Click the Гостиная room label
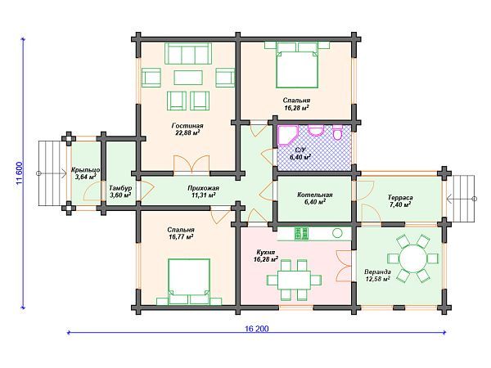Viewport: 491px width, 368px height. point(187,126)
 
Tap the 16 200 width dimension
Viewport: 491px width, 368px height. point(256,329)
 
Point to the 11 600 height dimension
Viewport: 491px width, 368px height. point(19,173)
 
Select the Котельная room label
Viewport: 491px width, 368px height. point(315,195)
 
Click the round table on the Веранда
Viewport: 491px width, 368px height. point(412,258)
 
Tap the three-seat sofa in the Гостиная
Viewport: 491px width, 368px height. point(188,53)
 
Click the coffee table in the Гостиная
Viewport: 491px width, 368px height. point(188,78)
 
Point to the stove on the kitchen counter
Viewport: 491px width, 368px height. point(301,233)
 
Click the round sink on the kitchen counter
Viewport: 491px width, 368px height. point(337,233)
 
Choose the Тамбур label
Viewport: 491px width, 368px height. point(120,188)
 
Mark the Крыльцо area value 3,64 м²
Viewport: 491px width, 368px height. point(85,177)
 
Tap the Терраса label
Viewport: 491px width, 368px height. point(400,197)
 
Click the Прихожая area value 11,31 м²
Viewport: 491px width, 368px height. point(203,195)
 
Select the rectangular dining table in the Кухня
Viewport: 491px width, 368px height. point(295,280)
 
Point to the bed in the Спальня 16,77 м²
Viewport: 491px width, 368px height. point(189,281)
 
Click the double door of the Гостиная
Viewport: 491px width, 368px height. point(191,164)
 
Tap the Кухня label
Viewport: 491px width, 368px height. point(265,252)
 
